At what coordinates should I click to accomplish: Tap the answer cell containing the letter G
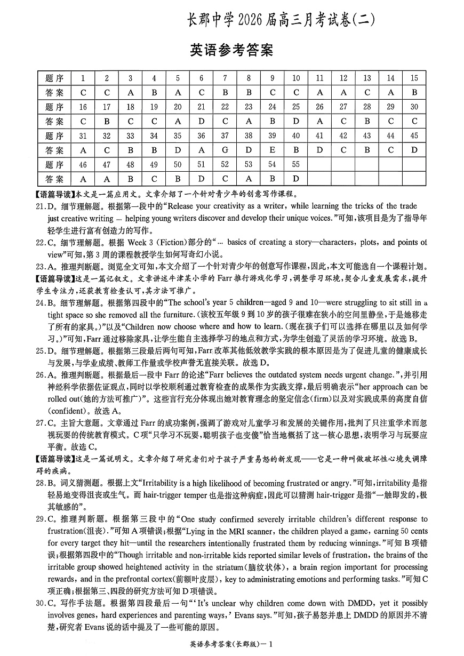tap(225, 150)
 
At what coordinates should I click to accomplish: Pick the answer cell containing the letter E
tap(272, 150)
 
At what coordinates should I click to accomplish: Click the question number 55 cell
tap(296, 165)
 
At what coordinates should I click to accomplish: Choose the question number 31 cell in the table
tap(83, 136)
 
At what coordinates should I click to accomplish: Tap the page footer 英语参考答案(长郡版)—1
tap(231, 644)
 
